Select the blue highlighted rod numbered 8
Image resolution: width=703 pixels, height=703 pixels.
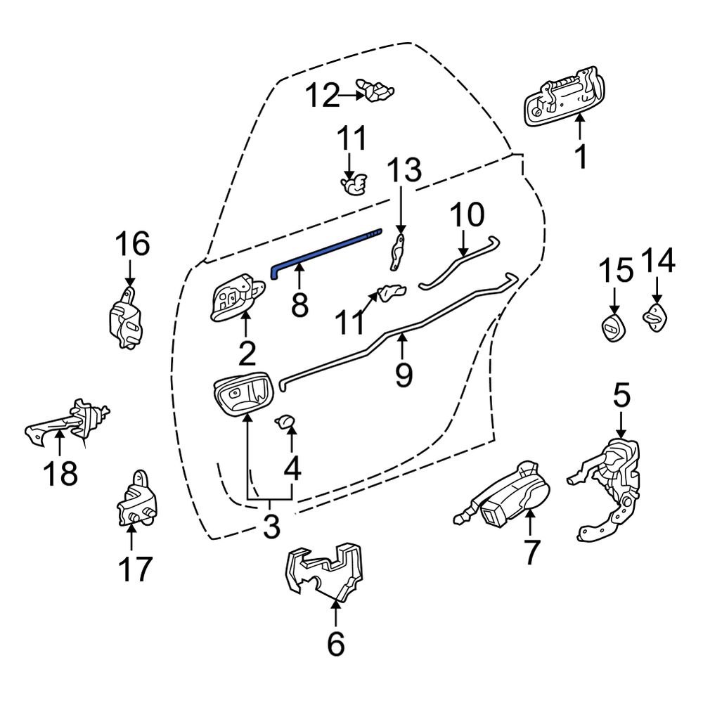[x=323, y=248]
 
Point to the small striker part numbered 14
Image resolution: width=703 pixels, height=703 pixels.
[x=655, y=316]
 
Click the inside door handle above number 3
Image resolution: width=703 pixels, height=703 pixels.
[x=240, y=394]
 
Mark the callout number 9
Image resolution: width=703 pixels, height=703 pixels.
[x=403, y=373]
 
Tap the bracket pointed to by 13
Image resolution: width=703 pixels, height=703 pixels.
[x=398, y=252]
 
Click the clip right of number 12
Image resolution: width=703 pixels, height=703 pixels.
[x=376, y=90]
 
